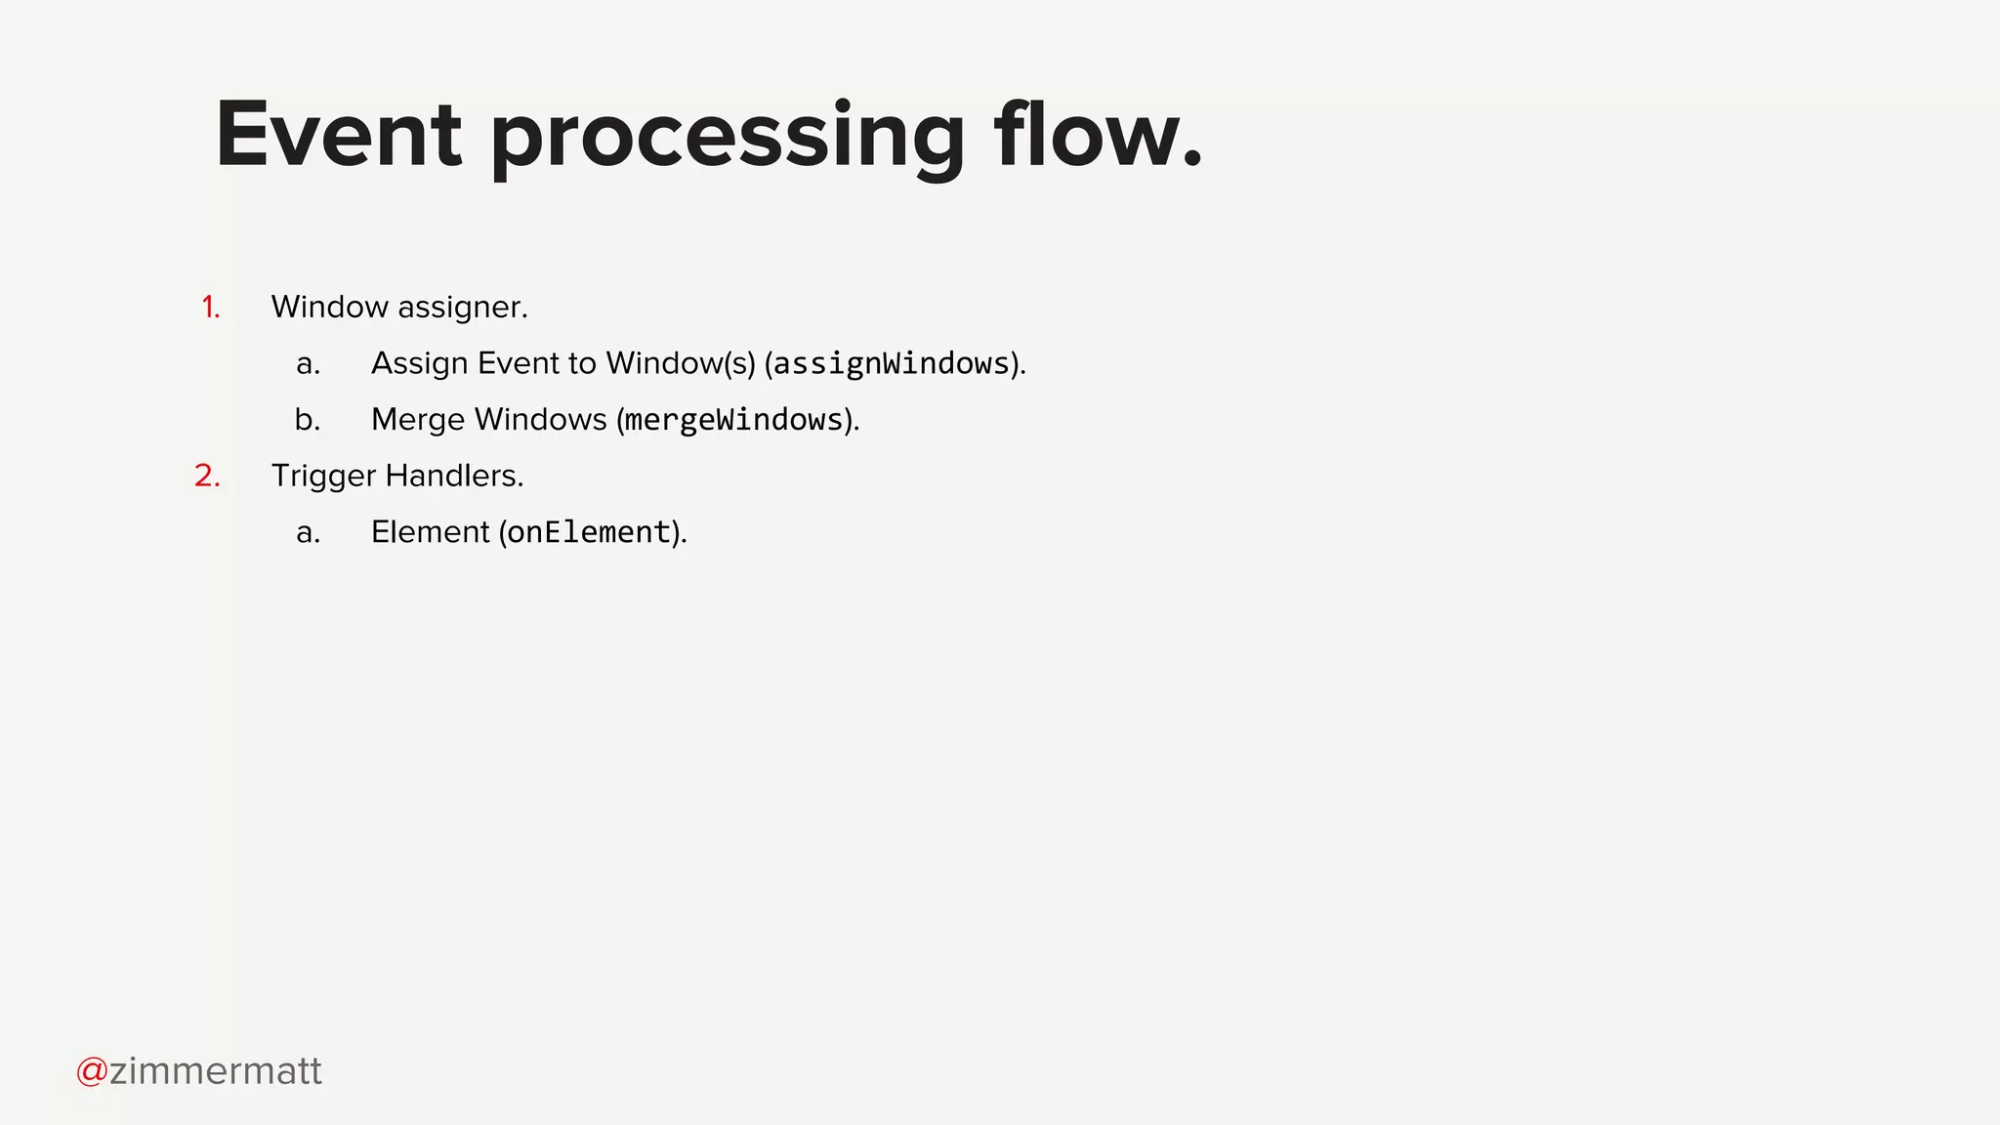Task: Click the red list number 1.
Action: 210,308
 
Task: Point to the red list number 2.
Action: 207,477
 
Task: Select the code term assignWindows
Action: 891,364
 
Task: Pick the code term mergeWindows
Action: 733,420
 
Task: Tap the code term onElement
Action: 589,532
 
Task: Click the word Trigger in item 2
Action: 323,477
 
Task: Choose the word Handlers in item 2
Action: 454,476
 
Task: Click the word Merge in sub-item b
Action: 418,420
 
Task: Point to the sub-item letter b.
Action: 308,420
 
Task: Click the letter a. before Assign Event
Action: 308,364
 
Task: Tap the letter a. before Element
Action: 308,532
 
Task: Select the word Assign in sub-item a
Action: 420,364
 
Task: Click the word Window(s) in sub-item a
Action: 681,363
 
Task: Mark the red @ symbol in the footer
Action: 92,1071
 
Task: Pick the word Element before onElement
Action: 430,532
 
